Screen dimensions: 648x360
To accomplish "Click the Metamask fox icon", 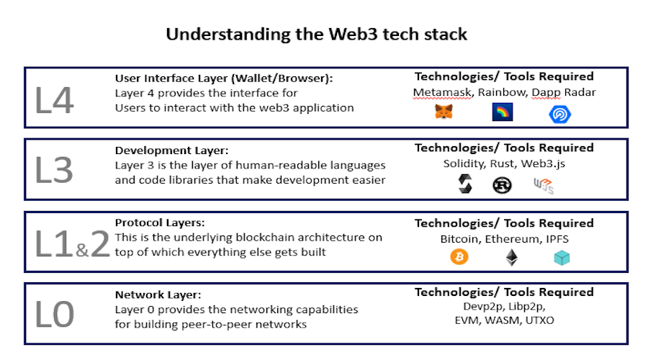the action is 444,112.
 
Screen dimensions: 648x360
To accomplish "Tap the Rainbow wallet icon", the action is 503,112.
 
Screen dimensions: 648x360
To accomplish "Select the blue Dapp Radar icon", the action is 560,114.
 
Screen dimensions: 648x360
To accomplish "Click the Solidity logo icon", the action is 465,184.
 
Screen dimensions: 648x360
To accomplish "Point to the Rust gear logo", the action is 502,186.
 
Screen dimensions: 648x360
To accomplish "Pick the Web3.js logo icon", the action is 544,186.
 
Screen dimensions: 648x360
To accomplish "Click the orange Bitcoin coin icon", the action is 459,257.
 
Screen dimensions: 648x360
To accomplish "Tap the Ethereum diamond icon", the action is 512,258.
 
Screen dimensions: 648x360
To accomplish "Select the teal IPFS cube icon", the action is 562,258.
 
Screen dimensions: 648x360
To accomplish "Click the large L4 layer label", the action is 55,100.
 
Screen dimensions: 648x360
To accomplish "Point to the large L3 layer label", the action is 54,170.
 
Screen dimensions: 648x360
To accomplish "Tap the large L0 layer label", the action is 55,314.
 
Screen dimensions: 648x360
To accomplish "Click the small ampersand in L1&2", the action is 82,249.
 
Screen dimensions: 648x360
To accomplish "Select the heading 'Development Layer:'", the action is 171,150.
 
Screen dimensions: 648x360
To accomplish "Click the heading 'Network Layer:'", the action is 158,294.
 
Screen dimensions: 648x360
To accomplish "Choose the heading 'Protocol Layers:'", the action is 160,222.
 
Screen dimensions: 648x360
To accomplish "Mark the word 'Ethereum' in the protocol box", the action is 513,239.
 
